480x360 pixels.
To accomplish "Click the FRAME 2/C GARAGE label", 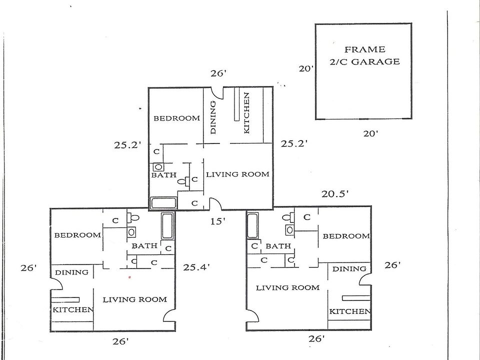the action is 364,55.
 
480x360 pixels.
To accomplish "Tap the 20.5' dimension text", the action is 335,194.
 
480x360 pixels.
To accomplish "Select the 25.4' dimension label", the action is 196,267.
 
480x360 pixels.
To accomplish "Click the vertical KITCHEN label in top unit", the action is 246,113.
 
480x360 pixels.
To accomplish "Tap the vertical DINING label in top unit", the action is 213,117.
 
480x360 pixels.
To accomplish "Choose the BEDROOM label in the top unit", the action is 176,118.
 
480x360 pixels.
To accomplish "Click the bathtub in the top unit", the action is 164,203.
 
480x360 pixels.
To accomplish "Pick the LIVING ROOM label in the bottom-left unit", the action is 134,299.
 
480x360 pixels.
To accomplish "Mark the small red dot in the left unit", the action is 130,277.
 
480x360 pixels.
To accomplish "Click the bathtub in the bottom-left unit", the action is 167,226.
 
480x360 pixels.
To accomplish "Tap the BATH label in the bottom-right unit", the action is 278,246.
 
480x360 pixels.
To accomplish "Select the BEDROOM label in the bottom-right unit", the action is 346,236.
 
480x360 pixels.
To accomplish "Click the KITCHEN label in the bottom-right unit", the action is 349,311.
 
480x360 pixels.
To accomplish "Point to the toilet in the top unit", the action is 183,181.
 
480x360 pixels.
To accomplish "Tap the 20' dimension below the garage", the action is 370,133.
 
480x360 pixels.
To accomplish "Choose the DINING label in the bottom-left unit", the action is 71,272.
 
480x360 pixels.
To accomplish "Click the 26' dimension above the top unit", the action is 218,73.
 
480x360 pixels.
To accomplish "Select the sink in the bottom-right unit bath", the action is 289,229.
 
